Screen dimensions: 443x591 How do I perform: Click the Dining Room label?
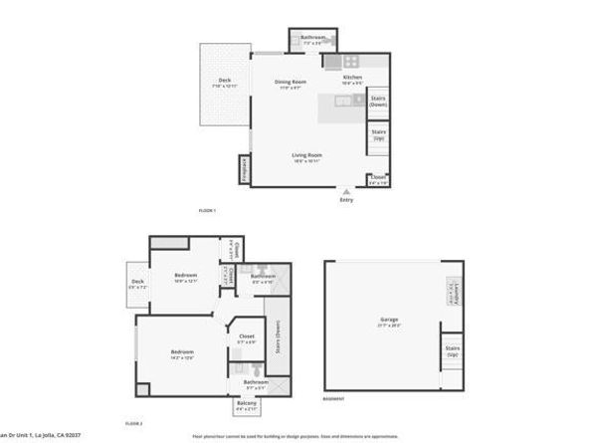(293, 82)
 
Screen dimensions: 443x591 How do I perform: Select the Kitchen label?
(352, 78)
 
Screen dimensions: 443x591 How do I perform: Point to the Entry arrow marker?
(346, 191)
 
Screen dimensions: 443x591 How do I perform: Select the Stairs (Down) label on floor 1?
(378, 101)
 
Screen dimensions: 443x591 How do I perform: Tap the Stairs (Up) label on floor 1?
(378, 134)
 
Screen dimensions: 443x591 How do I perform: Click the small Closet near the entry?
(378, 178)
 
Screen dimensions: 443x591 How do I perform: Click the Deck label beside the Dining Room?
(225, 82)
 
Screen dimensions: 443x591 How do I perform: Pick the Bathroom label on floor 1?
(313, 38)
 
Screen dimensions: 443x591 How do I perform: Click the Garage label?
(389, 320)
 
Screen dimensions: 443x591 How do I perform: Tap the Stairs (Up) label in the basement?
(453, 351)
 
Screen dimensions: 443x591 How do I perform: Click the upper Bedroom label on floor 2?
(186, 276)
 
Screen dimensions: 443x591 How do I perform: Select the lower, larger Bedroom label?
(181, 352)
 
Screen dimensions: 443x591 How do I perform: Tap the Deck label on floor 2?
(137, 282)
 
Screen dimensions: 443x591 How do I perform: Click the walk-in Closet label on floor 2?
(247, 336)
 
